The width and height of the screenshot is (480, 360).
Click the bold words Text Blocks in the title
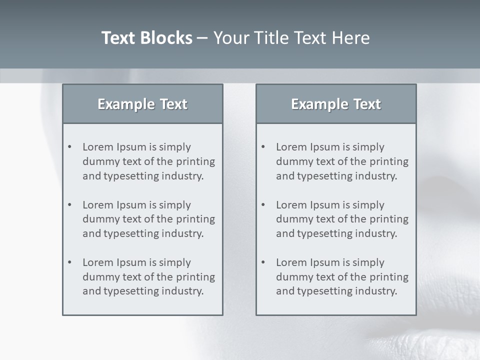pyautogui.click(x=146, y=38)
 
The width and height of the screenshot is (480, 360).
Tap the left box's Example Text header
pyautogui.click(x=142, y=104)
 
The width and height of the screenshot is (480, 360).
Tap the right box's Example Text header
pyautogui.click(x=336, y=104)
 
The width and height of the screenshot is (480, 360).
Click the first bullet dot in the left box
pyautogui.click(x=70, y=147)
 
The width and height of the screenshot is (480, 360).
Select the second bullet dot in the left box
pyautogui.click(x=70, y=205)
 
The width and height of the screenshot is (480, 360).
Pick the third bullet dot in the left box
pyautogui.click(x=70, y=262)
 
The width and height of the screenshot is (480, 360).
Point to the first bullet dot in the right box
pyautogui.click(x=263, y=147)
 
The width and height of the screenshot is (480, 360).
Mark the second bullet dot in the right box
pyautogui.click(x=263, y=205)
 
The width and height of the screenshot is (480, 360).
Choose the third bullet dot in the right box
pyautogui.click(x=263, y=262)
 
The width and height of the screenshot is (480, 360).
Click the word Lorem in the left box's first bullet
pyautogui.click(x=98, y=147)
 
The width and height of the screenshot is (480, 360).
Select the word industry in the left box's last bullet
pyautogui.click(x=183, y=291)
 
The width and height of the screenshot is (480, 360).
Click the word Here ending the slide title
pyautogui.click(x=351, y=38)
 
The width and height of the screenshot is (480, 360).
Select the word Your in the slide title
pyautogui.click(x=228, y=38)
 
